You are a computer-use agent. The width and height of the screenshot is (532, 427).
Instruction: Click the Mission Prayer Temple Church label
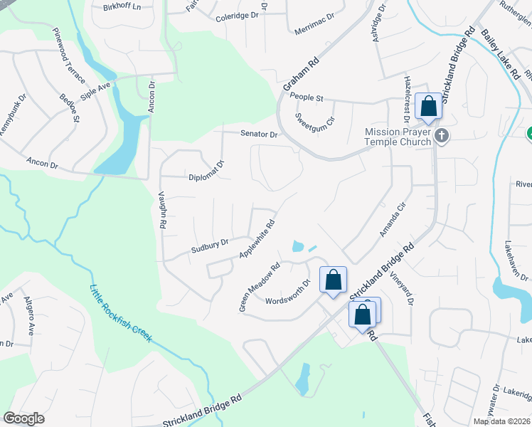398,137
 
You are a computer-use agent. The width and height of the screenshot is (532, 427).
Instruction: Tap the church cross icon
442,135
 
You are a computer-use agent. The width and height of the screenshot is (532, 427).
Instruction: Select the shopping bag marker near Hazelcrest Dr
428,107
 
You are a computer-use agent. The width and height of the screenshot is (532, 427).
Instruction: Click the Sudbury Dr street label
209,246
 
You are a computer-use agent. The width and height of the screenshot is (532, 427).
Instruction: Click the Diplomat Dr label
206,171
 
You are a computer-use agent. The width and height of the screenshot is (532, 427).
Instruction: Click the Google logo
24,418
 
